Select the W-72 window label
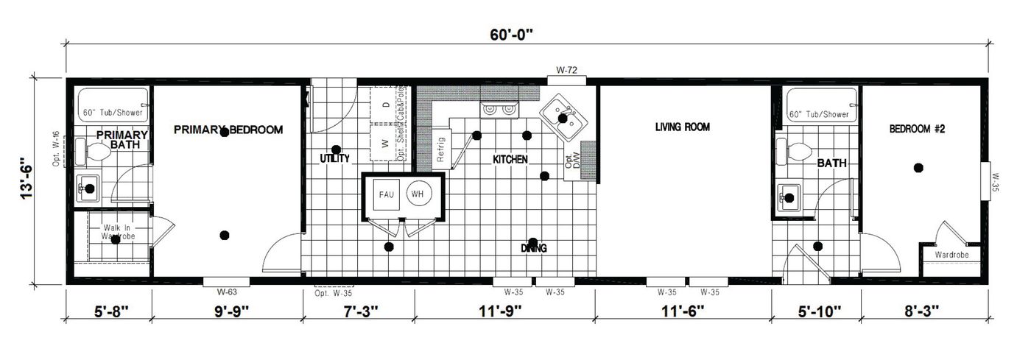[566, 71]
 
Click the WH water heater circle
[418, 194]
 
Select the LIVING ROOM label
[682, 127]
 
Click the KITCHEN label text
[510, 159]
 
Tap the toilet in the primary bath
[94, 153]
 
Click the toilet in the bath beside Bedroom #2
[797, 154]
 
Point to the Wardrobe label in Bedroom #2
[951, 255]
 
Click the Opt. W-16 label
[57, 149]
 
